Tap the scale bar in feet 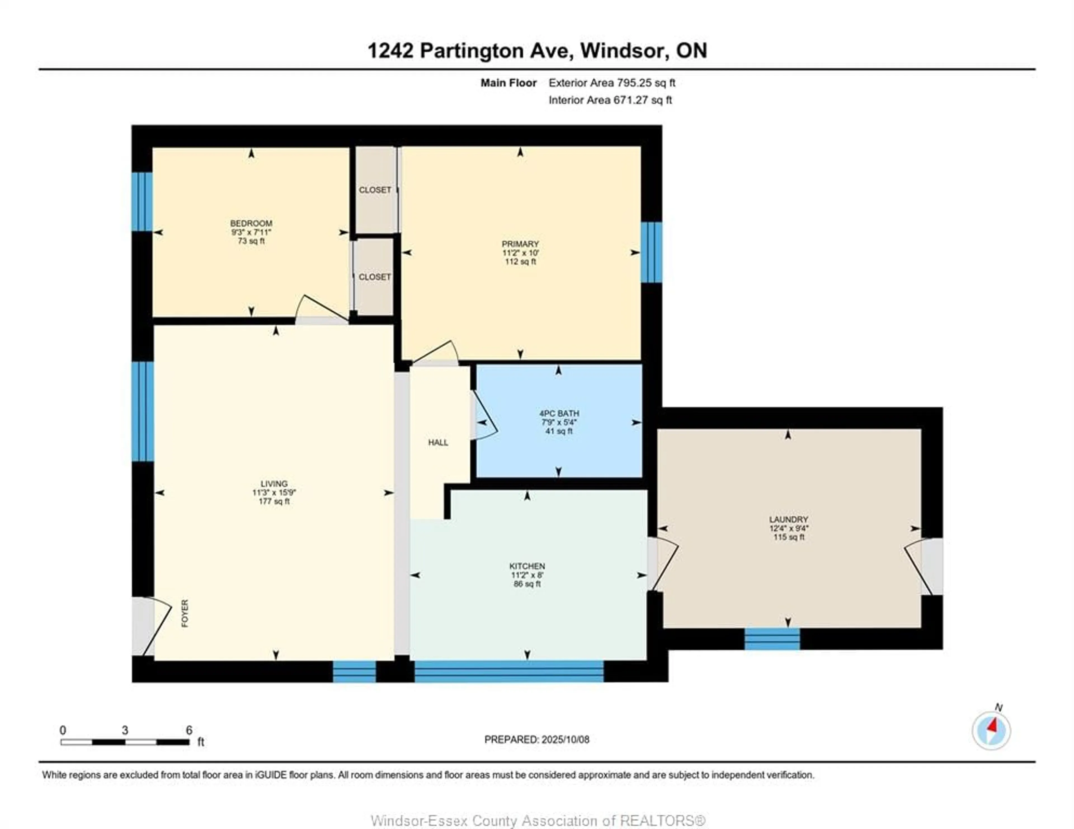pos(125,742)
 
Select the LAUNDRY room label pos(788,519)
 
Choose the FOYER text pos(185,613)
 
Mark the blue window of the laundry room pos(772,639)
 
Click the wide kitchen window pos(509,671)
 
